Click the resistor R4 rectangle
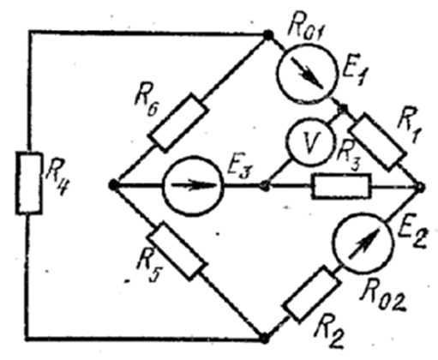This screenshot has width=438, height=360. click(x=29, y=183)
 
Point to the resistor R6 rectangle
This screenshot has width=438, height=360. click(x=178, y=123)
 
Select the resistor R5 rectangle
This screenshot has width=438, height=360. click(x=176, y=251)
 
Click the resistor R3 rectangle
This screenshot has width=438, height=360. click(x=341, y=186)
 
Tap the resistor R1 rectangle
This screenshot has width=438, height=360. click(x=378, y=142)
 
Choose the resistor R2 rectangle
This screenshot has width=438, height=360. click(x=312, y=294)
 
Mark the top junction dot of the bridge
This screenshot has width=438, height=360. click(x=268, y=35)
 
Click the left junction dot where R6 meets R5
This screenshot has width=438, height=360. click(x=113, y=185)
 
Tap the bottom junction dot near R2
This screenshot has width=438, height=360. click(x=264, y=339)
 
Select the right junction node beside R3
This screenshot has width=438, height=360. click(x=421, y=187)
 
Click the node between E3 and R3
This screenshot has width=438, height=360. click(x=265, y=187)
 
